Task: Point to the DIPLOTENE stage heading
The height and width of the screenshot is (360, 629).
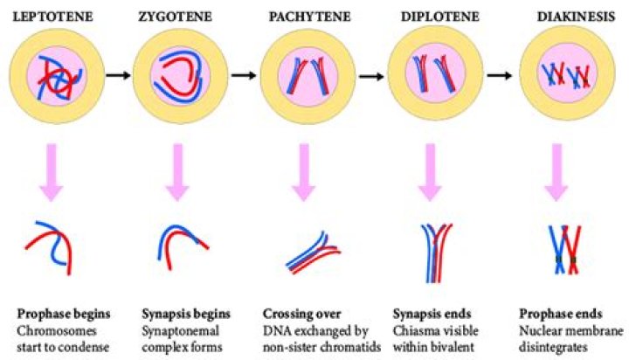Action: point(431,16)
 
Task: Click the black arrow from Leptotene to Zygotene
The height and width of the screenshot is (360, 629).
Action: point(113,75)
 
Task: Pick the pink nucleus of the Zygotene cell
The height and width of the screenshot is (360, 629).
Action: point(177,75)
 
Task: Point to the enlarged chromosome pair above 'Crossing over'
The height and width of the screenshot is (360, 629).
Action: point(312,253)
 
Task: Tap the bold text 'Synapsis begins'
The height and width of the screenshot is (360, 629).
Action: point(186,313)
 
